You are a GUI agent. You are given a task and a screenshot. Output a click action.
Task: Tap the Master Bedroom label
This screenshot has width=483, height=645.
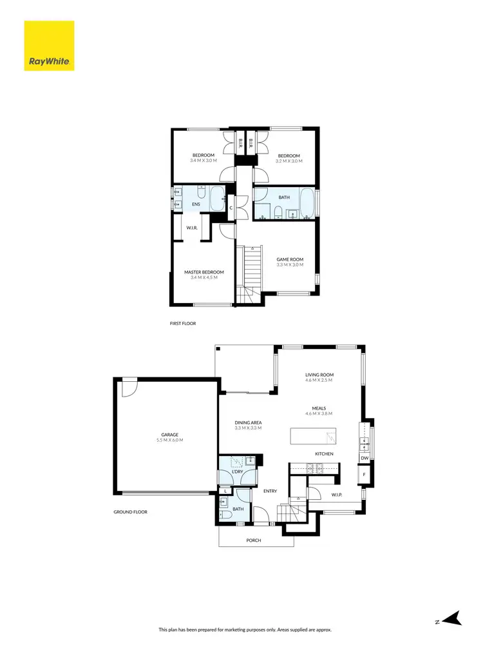[x=204, y=272]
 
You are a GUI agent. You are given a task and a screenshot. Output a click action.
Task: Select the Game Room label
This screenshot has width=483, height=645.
[x=289, y=259]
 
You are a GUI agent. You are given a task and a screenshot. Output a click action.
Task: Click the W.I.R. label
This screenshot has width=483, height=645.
[x=191, y=228]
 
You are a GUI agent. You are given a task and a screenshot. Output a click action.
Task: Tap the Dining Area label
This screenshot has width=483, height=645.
[x=248, y=422]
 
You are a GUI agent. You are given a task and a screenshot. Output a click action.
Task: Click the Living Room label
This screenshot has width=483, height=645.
[x=319, y=375]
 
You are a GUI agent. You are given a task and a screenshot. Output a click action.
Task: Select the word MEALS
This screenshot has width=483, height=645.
[x=319, y=408]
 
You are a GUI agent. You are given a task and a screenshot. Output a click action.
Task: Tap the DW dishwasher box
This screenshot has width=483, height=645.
[x=365, y=458]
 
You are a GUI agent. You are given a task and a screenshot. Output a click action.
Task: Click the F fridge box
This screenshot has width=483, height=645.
[x=365, y=475]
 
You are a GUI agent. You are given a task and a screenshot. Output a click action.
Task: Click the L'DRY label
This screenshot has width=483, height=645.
[x=237, y=472]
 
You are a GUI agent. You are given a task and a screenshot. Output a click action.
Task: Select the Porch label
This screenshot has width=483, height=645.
[x=254, y=540]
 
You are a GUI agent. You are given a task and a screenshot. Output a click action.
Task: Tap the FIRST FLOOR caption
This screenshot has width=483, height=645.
[x=184, y=323]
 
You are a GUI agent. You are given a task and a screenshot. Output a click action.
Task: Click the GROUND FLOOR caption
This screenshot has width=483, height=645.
[x=130, y=511]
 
